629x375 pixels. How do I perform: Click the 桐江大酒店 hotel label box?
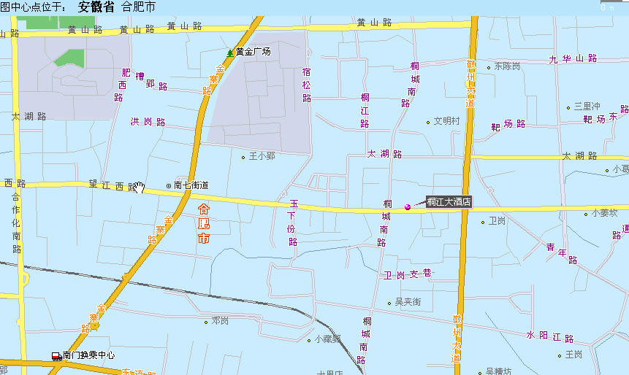[x=449, y=202]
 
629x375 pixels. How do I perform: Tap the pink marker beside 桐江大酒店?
[x=408, y=208]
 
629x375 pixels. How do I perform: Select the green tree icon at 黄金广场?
[x=230, y=53]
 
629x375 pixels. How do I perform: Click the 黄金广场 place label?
[x=253, y=52]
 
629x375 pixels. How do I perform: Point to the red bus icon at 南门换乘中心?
[x=56, y=356]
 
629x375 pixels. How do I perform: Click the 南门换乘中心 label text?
[x=88, y=356]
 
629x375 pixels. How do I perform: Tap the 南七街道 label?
[x=191, y=185]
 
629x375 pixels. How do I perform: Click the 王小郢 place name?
[x=262, y=156]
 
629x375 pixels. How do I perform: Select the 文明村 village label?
[x=446, y=122]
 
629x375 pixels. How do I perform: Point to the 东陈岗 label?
[x=507, y=66]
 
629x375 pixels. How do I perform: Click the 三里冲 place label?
[x=587, y=107]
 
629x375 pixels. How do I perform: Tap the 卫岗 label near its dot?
[x=497, y=221]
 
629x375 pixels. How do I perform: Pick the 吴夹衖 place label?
[x=408, y=302]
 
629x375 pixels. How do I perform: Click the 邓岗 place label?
[x=220, y=321]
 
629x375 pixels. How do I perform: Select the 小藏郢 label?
[x=328, y=339]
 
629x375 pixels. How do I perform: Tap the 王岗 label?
[x=573, y=355]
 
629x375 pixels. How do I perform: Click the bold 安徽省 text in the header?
[x=96, y=8]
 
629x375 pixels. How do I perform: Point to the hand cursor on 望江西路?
[x=140, y=188]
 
